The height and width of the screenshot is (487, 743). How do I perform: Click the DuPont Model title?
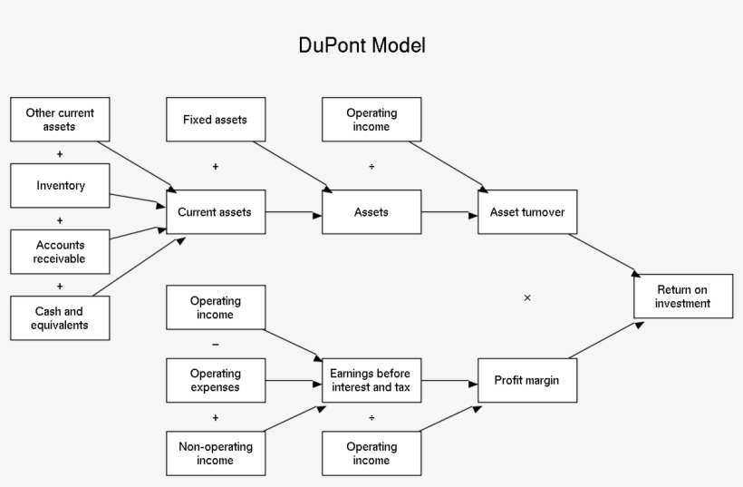tap(362, 45)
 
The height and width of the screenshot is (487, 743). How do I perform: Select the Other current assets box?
tap(60, 120)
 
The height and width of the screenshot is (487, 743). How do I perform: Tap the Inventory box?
tap(60, 186)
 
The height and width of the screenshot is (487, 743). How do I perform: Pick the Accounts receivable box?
tap(60, 252)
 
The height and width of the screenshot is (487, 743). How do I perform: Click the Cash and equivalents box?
tap(60, 318)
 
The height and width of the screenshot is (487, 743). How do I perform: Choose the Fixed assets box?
tap(216, 120)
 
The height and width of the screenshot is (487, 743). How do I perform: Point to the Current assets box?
tap(216, 212)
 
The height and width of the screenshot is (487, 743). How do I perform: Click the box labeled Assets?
tap(371, 212)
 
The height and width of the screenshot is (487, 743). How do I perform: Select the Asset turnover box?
tap(527, 212)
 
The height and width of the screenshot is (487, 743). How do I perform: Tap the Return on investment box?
tap(683, 297)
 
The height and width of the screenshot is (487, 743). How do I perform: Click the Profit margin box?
tap(527, 380)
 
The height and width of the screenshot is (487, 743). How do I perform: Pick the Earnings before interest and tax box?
tap(371, 380)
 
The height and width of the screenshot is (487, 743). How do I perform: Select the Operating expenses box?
tap(216, 380)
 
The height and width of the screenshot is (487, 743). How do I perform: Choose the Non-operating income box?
tap(216, 453)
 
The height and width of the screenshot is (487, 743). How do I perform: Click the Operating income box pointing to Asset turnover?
tap(371, 120)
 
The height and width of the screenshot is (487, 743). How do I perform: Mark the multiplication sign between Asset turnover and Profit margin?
tap(527, 297)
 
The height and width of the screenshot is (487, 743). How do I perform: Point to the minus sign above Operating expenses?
tap(216, 345)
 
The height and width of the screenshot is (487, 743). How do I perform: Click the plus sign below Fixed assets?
tap(216, 167)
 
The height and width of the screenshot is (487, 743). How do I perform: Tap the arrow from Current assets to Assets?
tap(294, 213)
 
